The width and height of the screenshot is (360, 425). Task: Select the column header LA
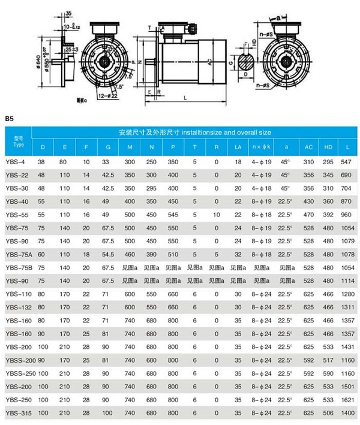[x=238, y=147]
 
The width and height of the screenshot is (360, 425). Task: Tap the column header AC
[x=309, y=147]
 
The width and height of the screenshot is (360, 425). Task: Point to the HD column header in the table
[x=329, y=147]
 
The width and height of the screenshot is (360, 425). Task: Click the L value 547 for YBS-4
[x=347, y=162]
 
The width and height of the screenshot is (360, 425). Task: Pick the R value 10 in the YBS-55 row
[x=216, y=215]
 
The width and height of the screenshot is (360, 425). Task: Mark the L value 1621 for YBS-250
[x=347, y=400]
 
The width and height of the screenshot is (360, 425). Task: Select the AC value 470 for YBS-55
[x=309, y=215]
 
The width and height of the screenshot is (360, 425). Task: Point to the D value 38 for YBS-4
[x=42, y=162]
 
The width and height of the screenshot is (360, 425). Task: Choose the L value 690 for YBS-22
[x=347, y=175]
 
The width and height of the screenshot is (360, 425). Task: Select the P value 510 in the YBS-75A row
[x=173, y=254]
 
